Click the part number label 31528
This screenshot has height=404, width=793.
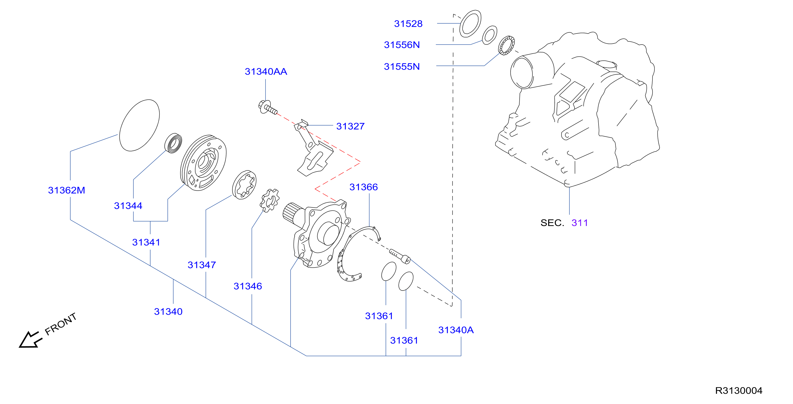(x=408, y=24)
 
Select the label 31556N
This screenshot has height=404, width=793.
(x=402, y=45)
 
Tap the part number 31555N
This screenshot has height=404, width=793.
(x=402, y=66)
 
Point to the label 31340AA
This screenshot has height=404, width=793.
(x=266, y=71)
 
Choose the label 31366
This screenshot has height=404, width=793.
(x=364, y=187)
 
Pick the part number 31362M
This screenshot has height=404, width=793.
(x=66, y=190)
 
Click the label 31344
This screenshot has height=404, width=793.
(x=128, y=206)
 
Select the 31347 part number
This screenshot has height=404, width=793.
(x=202, y=265)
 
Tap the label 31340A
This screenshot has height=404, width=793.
(x=456, y=330)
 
